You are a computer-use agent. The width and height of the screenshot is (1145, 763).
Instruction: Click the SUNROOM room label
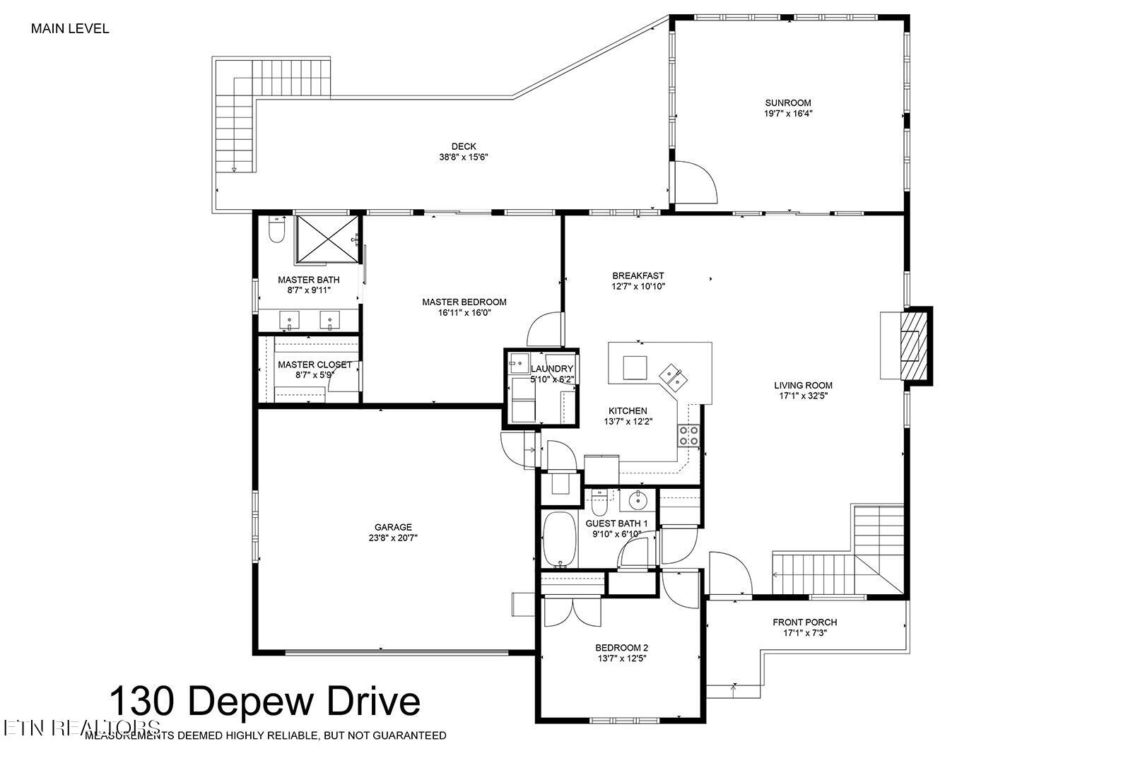[x=787, y=102]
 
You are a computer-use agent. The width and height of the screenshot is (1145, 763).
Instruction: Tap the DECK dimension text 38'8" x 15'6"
[x=464, y=158]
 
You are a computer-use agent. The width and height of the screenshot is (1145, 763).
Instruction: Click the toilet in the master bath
[x=276, y=230]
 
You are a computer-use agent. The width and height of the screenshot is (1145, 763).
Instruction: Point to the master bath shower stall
[x=327, y=239]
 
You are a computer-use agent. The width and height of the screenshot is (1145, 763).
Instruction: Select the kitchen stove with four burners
[x=689, y=435]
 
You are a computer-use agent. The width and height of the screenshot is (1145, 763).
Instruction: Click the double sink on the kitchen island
[x=672, y=377]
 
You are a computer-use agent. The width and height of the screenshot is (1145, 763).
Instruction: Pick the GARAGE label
[x=393, y=527]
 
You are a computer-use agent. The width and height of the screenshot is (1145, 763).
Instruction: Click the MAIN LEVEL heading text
[x=70, y=29]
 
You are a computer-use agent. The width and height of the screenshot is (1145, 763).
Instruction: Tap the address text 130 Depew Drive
[x=264, y=701]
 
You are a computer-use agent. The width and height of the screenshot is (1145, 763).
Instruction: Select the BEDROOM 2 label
[x=621, y=647]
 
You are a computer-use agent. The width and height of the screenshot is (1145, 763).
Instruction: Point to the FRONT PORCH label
[x=804, y=622]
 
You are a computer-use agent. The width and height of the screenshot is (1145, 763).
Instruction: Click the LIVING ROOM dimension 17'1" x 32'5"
[x=803, y=396]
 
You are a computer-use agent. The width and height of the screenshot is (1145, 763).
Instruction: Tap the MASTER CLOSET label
[x=314, y=365]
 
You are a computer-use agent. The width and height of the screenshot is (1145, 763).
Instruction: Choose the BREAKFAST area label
[x=638, y=276]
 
